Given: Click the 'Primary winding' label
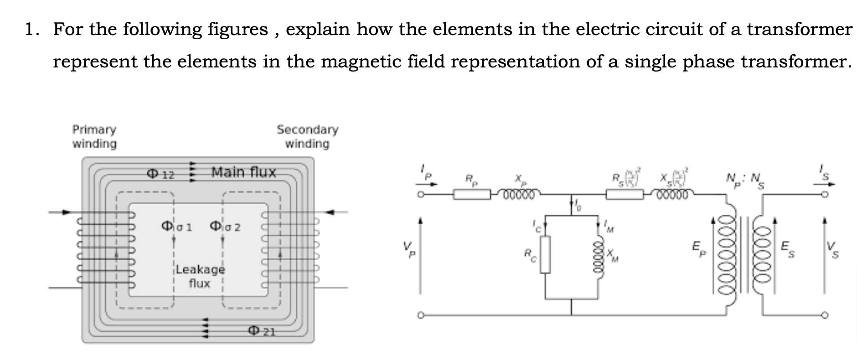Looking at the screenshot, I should (94, 136).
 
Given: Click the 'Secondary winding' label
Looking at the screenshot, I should (307, 136).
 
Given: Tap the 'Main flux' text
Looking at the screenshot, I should (244, 172).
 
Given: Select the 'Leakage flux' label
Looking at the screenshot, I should (200, 276).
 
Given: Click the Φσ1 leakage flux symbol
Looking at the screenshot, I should (177, 226).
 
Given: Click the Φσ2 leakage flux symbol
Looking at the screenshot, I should (225, 226).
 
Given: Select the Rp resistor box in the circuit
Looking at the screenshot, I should (472, 195).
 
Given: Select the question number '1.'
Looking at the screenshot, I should (32, 30).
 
